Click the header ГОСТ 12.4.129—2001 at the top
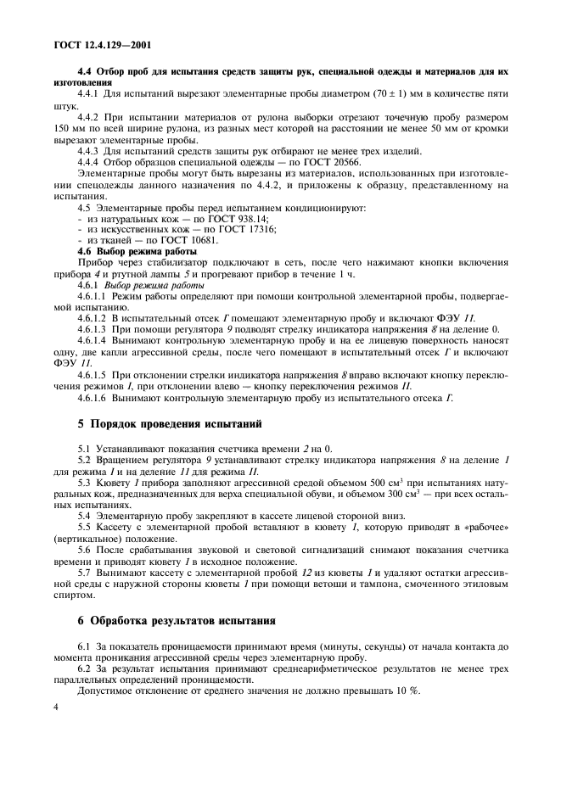click(x=98, y=42)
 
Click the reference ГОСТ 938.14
click(x=222, y=219)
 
